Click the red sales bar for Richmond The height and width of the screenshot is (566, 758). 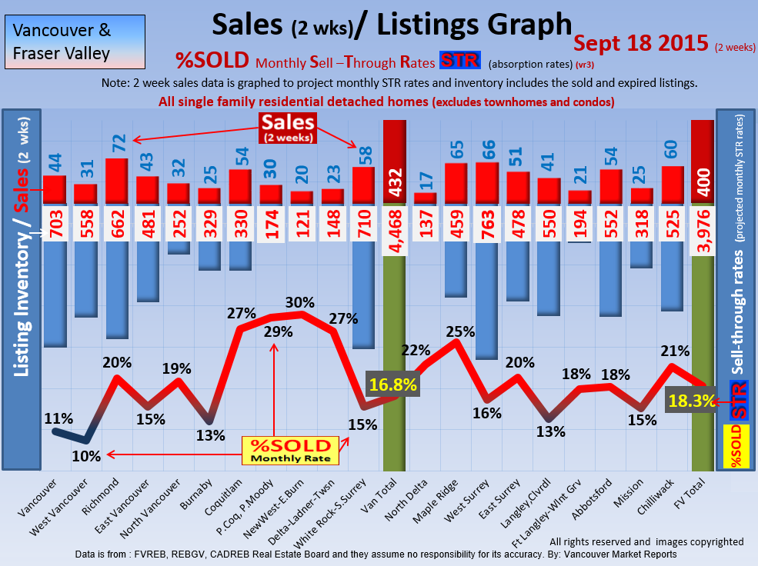pos(116,181)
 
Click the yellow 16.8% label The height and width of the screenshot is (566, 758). pos(392,383)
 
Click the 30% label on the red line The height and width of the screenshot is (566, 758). pos(300,301)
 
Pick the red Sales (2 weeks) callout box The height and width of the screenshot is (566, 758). pos(287,127)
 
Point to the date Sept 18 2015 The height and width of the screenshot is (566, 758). pos(640,43)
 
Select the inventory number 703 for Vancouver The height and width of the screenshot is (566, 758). pos(54,223)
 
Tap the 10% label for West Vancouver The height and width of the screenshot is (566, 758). pos(86,456)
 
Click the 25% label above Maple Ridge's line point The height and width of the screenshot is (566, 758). pos(459,332)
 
